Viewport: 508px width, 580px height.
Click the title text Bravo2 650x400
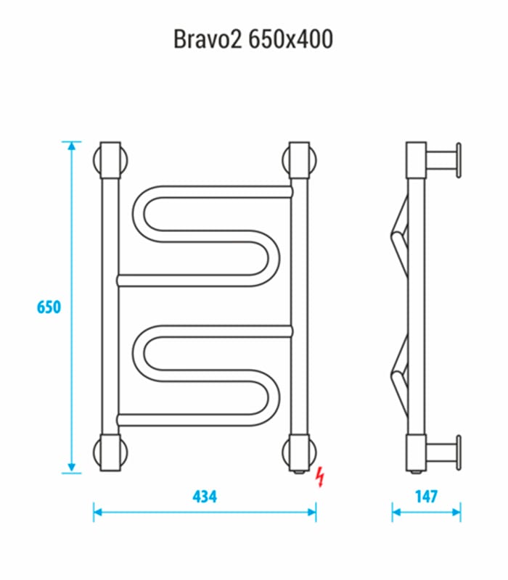point(253,39)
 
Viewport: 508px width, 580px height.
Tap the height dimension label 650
point(49,307)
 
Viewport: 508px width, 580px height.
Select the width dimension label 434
point(205,497)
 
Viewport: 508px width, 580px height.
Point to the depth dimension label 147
point(426,497)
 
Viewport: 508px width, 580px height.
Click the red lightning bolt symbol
point(319,476)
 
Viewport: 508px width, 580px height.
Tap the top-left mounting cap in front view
point(110,160)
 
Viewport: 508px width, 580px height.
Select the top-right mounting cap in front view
point(299,160)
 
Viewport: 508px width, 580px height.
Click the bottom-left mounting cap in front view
point(110,452)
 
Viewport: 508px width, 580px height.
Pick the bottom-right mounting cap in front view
point(299,453)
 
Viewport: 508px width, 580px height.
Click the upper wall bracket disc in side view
point(459,160)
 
